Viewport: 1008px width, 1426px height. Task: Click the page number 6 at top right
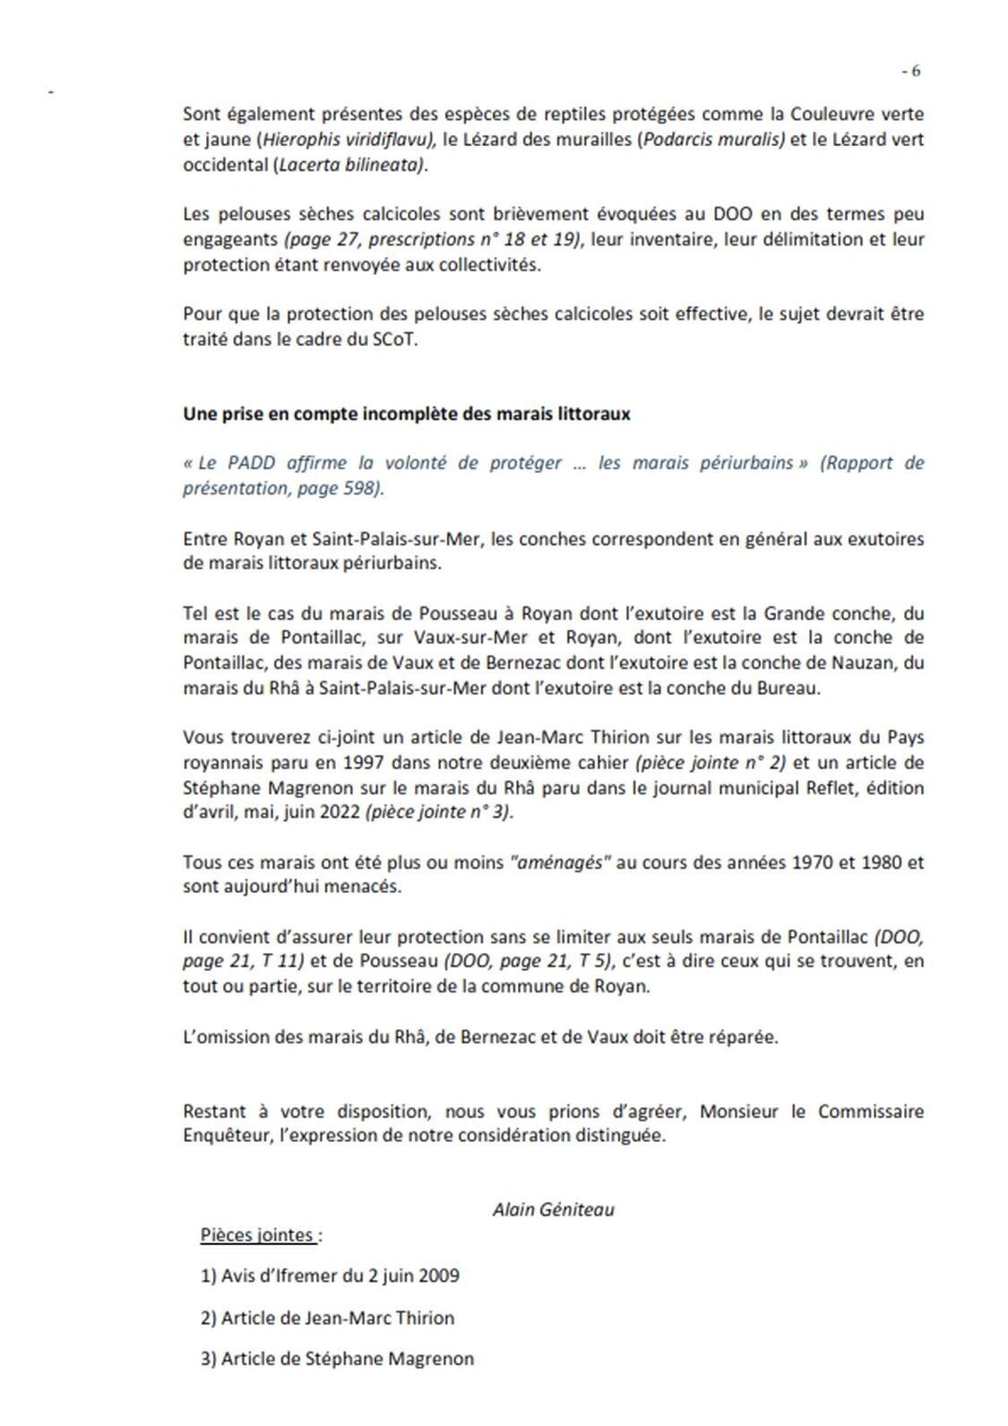915,72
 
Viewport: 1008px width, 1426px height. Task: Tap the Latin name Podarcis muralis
713,140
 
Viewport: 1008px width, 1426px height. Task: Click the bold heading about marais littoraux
407,414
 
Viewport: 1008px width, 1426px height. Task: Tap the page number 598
361,488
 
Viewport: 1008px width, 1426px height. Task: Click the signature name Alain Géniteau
554,1209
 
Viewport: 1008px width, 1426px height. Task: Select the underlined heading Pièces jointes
257,1235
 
